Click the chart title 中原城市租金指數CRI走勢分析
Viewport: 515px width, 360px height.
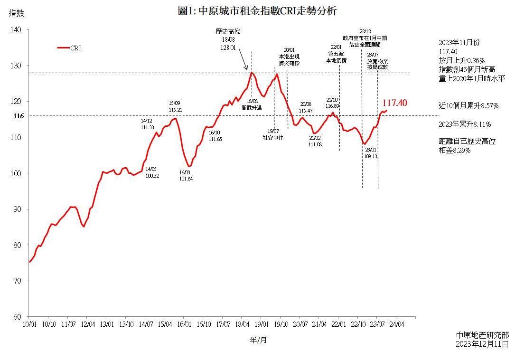pyautogui.click(x=257, y=11)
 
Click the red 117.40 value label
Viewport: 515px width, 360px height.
pyautogui.click(x=394, y=103)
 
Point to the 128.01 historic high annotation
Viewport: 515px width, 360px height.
pyautogui.click(x=228, y=47)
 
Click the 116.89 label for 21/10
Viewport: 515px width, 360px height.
pyautogui.click(x=332, y=106)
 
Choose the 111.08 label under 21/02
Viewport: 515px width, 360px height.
pyautogui.click(x=315, y=144)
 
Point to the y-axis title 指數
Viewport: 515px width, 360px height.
pyautogui.click(x=16, y=13)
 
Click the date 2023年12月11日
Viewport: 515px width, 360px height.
pyautogui.click(x=481, y=344)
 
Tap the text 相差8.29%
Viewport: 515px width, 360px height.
pyautogui.click(x=454, y=150)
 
